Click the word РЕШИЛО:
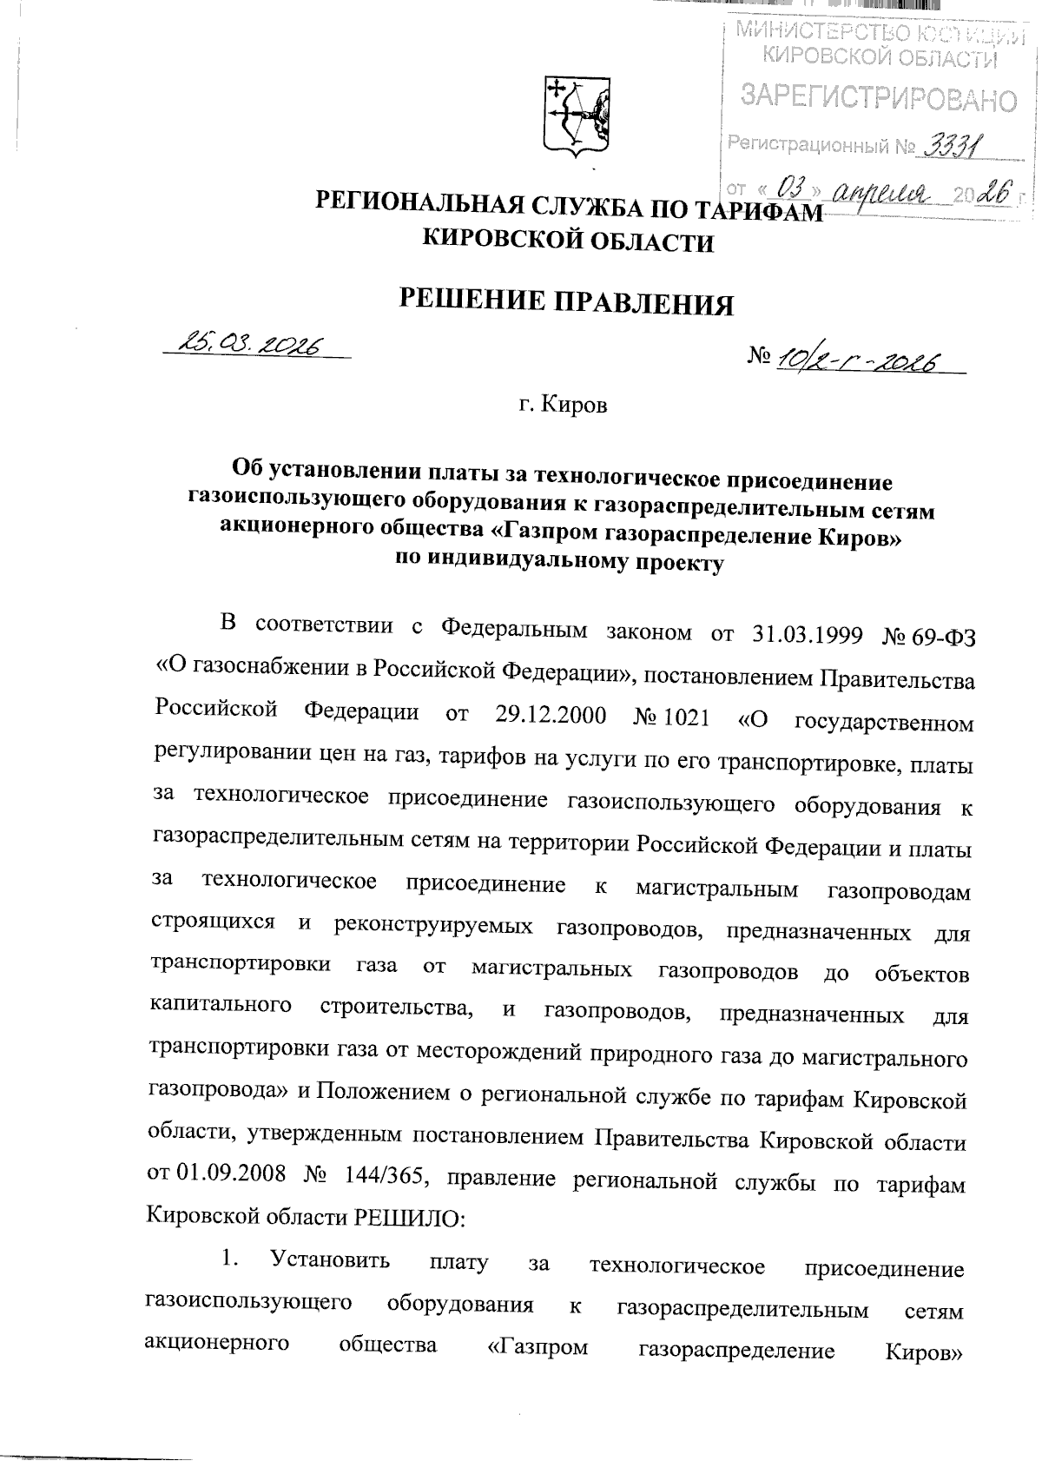(411, 1220)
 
